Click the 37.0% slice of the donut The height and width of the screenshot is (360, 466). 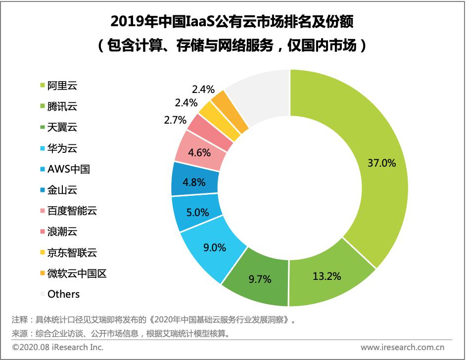click(x=381, y=163)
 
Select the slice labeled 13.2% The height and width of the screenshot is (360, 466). click(x=327, y=276)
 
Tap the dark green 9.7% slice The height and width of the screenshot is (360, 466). click(x=260, y=279)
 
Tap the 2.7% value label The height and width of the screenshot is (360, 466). click(x=174, y=120)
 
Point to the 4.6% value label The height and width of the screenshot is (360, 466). click(x=200, y=152)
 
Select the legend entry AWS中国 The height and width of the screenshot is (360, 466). click(x=68, y=169)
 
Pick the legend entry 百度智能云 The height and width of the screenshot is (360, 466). click(x=72, y=211)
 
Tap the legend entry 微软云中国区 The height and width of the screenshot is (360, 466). click(x=77, y=273)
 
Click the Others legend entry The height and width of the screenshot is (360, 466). click(x=63, y=294)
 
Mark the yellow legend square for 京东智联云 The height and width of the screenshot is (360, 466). click(x=42, y=253)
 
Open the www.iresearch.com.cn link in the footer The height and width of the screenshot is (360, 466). click(x=402, y=347)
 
